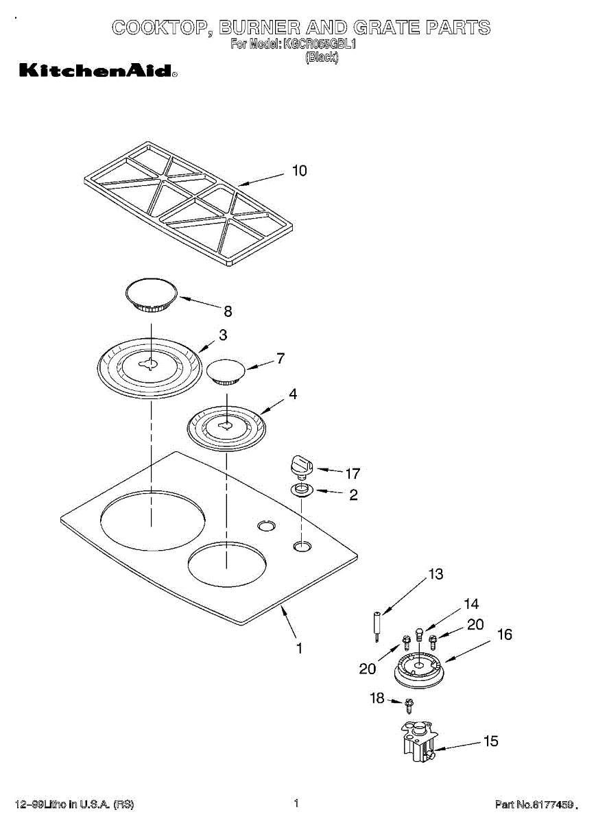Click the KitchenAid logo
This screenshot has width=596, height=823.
pyautogui.click(x=97, y=70)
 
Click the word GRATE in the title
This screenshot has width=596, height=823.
pyautogui.click(x=386, y=28)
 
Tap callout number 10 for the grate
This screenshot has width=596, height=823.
pyautogui.click(x=299, y=171)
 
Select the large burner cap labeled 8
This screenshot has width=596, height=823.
pyautogui.click(x=152, y=294)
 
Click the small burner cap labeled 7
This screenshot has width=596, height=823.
pyautogui.click(x=226, y=371)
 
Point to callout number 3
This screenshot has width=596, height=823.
pyautogui.click(x=223, y=335)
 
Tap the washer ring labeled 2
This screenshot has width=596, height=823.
pyautogui.click(x=301, y=490)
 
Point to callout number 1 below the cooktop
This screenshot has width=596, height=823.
pyautogui.click(x=299, y=647)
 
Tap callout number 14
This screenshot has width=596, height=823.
pyautogui.click(x=471, y=604)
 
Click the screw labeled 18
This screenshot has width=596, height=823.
pyautogui.click(x=409, y=703)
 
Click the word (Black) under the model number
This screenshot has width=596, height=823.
pyautogui.click(x=321, y=57)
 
